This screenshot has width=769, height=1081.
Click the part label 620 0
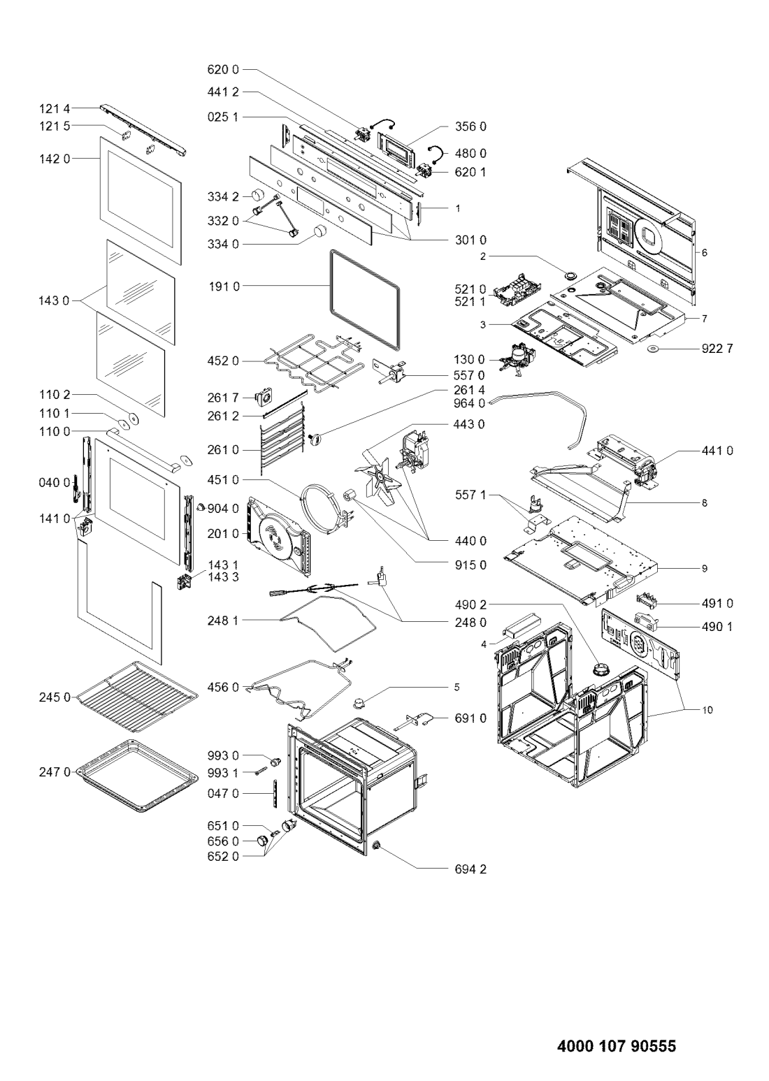point(223,69)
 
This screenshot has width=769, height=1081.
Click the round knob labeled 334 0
point(318,231)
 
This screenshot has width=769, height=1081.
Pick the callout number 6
point(704,252)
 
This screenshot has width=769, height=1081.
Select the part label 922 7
point(717,348)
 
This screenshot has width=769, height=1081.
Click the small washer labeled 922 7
point(655,349)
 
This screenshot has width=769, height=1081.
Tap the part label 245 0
point(55,697)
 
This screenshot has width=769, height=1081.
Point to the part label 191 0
point(223,286)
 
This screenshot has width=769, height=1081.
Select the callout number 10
point(707,710)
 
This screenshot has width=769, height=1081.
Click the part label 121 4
point(55,109)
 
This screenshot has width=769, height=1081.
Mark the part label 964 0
point(470,402)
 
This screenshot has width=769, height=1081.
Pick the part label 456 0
point(223,687)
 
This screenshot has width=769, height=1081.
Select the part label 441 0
point(717,450)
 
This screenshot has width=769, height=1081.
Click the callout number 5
point(457,687)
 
